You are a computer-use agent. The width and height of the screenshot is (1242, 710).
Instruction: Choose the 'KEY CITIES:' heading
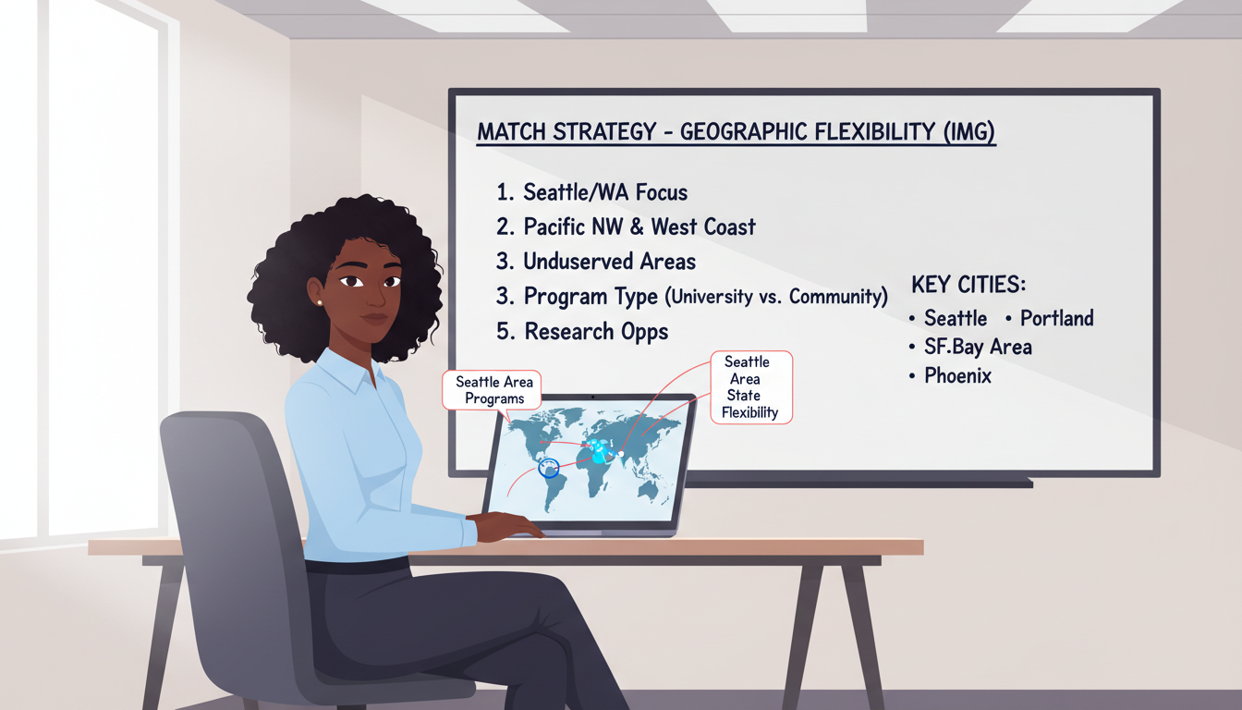point(968,284)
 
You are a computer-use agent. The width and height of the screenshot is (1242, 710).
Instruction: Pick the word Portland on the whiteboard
point(1056,318)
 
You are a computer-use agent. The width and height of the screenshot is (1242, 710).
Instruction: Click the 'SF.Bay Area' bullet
point(978,347)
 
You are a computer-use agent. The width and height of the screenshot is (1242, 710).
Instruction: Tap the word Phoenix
point(957,376)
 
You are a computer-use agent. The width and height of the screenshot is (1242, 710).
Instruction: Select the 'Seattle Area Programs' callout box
point(494,390)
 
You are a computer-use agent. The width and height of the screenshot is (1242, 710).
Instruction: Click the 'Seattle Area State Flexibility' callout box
point(750,387)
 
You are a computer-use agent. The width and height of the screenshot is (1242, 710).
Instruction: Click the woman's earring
point(319,301)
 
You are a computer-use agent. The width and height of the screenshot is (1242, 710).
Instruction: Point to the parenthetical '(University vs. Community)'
point(776,298)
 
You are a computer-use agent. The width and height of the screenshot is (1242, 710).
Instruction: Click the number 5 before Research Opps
point(503,331)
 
